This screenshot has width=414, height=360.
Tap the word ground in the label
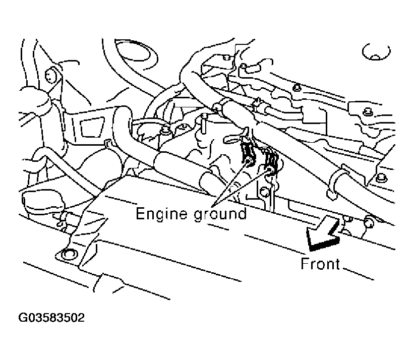[220, 214]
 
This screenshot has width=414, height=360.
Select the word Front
[320, 264]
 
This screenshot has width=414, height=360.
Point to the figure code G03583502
[51, 318]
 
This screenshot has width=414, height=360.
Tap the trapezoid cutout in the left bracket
[92, 128]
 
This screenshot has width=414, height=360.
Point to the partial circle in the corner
[376, 52]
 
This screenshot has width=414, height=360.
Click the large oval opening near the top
[136, 55]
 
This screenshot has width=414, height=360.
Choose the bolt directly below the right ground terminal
[264, 192]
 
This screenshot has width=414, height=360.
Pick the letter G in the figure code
[23, 318]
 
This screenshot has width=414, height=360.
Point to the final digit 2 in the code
[81, 318]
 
